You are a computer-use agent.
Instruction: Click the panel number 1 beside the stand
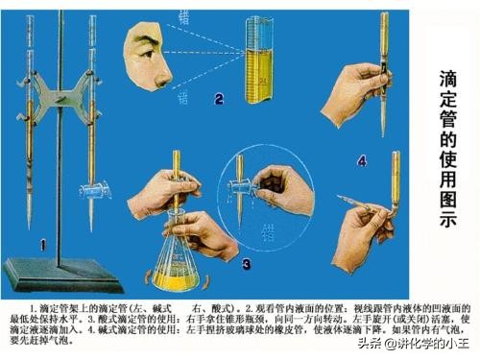41,244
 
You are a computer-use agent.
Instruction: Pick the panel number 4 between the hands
361,159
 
